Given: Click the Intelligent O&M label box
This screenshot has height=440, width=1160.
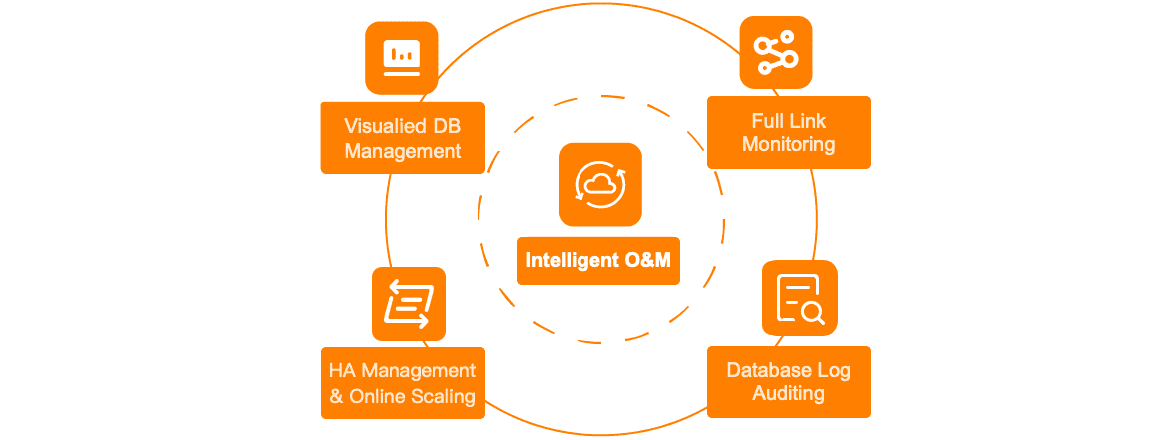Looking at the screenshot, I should click(x=598, y=260).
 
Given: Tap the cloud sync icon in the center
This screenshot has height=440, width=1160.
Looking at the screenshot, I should click(x=599, y=184).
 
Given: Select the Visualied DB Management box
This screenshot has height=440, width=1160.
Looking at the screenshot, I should click(x=402, y=138).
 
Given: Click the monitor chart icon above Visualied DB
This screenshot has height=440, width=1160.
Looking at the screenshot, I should click(x=402, y=58).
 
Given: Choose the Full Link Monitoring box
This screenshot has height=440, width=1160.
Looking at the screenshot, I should click(x=788, y=132).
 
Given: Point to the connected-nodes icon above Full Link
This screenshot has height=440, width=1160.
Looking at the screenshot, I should click(x=776, y=52).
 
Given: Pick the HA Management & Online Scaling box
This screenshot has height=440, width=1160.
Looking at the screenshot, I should click(x=402, y=383).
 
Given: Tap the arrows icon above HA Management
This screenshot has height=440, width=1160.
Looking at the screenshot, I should click(x=409, y=303).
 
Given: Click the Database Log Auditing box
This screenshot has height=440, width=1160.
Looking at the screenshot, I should click(x=788, y=382).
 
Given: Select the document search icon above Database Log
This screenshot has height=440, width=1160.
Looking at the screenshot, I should click(x=799, y=297).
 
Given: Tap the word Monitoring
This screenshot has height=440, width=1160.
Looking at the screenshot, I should click(x=788, y=144).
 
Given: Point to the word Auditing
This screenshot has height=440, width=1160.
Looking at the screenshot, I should click(x=788, y=394).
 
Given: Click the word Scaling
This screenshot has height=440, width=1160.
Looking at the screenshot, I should click(x=443, y=396).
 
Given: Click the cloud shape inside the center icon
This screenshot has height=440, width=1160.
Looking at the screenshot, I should click(x=599, y=182).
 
